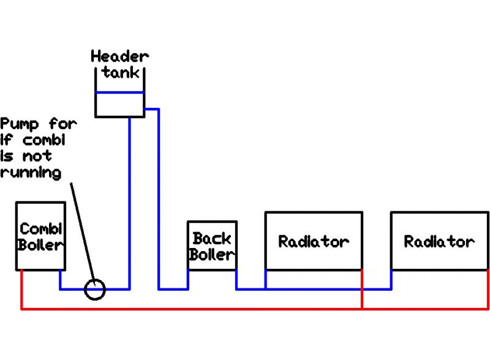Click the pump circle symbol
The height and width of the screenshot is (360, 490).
[95, 289]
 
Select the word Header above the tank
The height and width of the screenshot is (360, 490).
[120, 57]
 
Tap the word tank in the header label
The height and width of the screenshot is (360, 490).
[121, 72]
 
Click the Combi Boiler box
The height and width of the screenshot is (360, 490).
[40, 236]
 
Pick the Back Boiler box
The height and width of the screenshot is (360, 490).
[212, 245]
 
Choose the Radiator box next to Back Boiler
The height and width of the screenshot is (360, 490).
[313, 241]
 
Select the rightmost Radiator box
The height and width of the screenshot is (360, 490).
[439, 241]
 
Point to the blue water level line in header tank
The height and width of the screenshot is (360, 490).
[120, 92]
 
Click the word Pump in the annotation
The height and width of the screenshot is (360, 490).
[20, 124]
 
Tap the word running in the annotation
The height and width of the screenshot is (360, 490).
[31, 173]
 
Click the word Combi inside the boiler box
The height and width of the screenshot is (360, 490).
[40, 229]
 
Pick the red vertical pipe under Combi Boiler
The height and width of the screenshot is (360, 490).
[22, 290]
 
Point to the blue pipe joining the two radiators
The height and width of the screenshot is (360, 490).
[377, 289]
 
